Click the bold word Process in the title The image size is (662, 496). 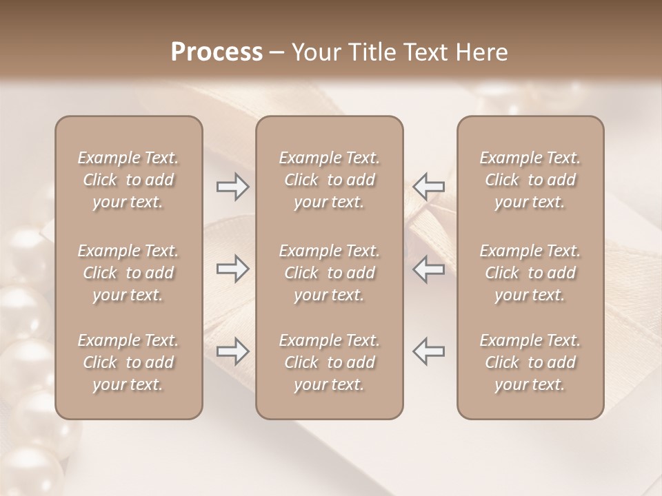[x=217, y=52]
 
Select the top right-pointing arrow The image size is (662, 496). [x=232, y=187]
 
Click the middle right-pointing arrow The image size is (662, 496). [x=232, y=269]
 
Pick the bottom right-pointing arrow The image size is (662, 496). [x=232, y=351]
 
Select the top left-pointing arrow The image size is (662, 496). [x=429, y=187]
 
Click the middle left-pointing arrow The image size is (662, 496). [x=429, y=269]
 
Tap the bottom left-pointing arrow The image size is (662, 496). [x=429, y=351]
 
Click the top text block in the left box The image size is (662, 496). [x=128, y=180]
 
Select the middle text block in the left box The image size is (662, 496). [x=128, y=273]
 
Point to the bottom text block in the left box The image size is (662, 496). [x=128, y=362]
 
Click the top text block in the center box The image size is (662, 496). [x=329, y=180]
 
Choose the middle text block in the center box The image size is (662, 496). [x=329, y=273]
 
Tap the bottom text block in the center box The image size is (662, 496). [x=329, y=362]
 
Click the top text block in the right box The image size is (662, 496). [x=530, y=180]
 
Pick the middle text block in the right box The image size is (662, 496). [x=530, y=273]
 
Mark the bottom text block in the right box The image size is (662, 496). [x=530, y=362]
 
